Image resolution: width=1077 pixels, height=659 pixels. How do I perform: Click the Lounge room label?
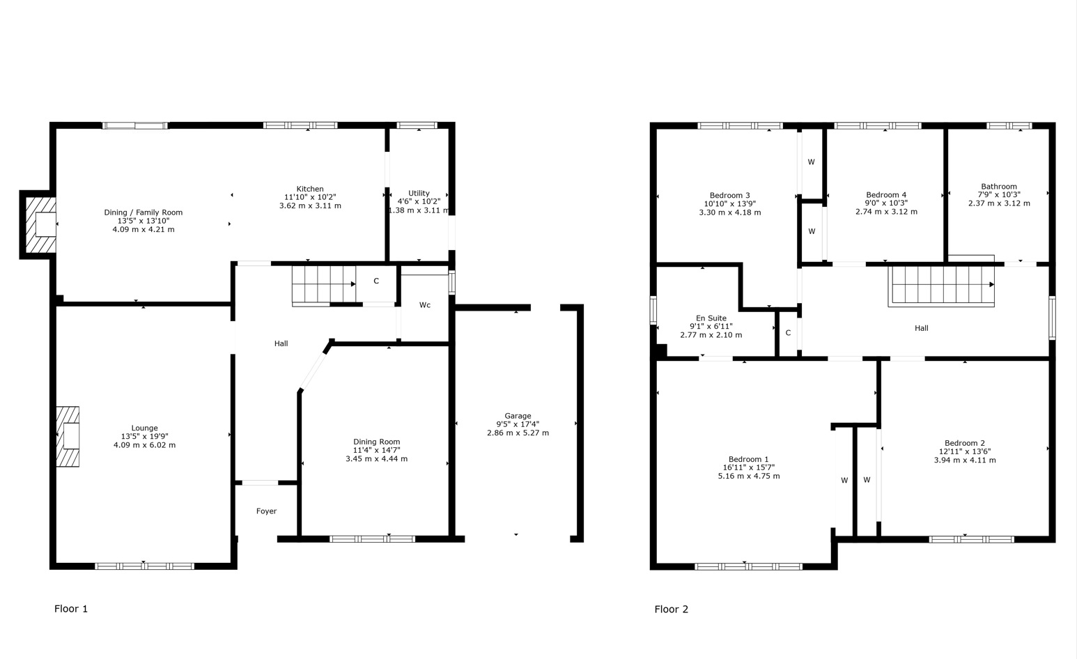click(x=145, y=428)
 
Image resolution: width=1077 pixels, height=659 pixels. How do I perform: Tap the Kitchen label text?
click(x=310, y=189)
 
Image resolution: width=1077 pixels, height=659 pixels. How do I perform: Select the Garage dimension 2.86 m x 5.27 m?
click(x=518, y=433)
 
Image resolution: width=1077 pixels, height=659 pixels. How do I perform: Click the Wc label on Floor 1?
click(x=425, y=304)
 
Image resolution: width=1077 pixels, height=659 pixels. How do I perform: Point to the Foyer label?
click(x=266, y=511)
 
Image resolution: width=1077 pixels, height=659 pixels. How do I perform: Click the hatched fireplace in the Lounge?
click(x=68, y=437)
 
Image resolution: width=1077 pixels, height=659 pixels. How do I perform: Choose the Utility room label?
click(x=419, y=193)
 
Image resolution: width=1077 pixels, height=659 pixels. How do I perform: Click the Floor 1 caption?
click(x=71, y=609)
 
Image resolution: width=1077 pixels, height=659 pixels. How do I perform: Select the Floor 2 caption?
click(x=671, y=609)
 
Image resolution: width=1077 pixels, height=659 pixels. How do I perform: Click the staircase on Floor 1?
click(x=324, y=285)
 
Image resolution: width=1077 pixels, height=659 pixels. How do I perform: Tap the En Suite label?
click(x=711, y=318)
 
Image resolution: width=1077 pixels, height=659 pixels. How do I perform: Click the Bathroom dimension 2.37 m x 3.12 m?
click(x=999, y=203)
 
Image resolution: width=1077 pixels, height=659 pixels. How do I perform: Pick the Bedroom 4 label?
click(x=886, y=194)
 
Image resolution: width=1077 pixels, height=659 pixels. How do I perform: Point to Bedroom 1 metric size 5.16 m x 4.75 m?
click(x=749, y=476)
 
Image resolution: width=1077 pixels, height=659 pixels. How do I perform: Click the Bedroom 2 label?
click(x=964, y=443)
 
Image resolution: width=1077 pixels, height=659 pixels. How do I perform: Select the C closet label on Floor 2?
click(x=788, y=332)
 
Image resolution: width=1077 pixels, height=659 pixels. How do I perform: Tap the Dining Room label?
click(x=376, y=442)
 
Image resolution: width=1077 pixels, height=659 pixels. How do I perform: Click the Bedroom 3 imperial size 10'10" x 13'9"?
click(x=730, y=204)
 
